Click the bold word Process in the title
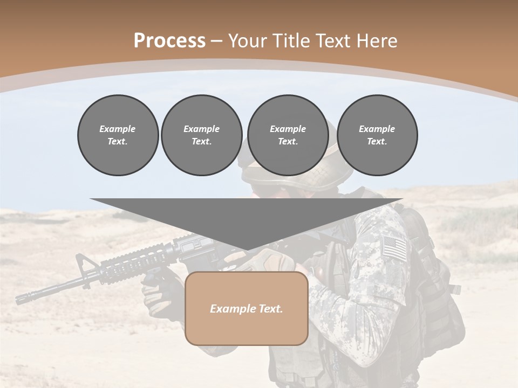[169, 41]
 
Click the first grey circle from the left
[118, 135]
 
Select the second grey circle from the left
[201, 135]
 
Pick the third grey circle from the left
[288, 135]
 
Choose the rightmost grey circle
[377, 135]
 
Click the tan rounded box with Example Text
[247, 308]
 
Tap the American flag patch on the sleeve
[394, 248]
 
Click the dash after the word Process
[216, 41]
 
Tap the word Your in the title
[246, 41]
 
